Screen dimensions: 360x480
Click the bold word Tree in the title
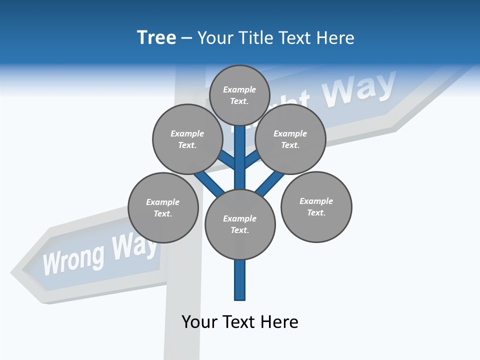tap(156, 37)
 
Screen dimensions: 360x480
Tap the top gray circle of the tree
tap(239, 95)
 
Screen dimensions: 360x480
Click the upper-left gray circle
tap(187, 139)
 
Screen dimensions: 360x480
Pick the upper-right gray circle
tap(290, 139)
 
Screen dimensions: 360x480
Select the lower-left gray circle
tap(163, 207)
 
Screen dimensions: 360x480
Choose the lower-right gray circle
tap(316, 206)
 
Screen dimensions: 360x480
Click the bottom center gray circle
tap(240, 224)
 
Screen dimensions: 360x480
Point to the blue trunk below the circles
tap(240, 280)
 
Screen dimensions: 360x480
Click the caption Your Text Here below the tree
tap(240, 321)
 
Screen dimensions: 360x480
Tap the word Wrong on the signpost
tap(73, 258)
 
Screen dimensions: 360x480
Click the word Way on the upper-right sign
tap(359, 88)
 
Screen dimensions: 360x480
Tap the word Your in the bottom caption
tap(199, 321)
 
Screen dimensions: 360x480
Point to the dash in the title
tap(187, 38)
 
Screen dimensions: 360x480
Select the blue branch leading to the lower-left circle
tap(209, 182)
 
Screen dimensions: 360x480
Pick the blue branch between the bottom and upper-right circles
tap(268, 184)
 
